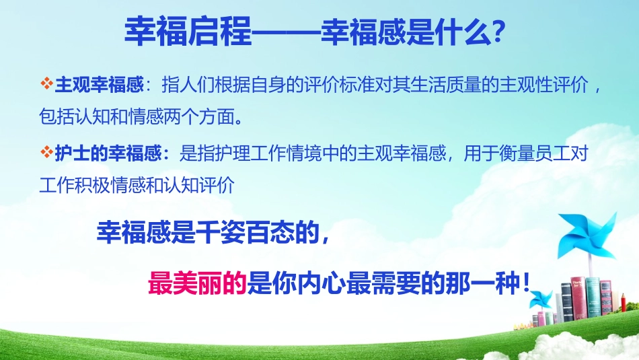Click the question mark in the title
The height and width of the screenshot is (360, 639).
pyautogui.click(x=499, y=31)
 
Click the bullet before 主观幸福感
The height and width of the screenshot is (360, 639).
pyautogui.click(x=46, y=85)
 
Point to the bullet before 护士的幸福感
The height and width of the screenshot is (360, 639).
pyautogui.click(x=46, y=153)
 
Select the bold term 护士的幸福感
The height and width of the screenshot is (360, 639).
pyautogui.click(x=111, y=154)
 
